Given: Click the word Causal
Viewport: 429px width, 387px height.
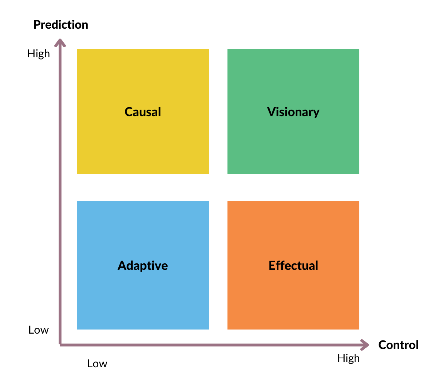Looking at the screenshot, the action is [143, 112].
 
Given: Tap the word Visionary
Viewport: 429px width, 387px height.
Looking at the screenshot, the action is [293, 112].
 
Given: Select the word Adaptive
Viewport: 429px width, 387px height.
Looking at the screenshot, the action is [143, 266].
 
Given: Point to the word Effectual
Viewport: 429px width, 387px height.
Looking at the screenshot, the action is [293, 266].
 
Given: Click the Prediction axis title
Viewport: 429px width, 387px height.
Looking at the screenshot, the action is [61, 24].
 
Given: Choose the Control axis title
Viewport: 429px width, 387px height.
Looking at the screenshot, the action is [398, 345].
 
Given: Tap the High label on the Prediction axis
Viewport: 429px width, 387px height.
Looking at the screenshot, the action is [39, 54].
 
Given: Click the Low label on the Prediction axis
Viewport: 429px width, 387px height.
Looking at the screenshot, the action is [39, 330].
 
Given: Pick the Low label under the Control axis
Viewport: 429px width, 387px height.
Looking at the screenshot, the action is [97, 364].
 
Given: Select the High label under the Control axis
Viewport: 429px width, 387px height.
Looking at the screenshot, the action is [349, 358].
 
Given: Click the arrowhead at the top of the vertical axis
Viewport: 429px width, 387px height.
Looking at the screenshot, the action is [60, 42].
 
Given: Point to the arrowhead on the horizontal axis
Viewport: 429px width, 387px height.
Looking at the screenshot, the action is [365, 345].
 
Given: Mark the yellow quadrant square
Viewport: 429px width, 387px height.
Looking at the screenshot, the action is [143, 111].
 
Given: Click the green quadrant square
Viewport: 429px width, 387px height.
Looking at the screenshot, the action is [293, 111].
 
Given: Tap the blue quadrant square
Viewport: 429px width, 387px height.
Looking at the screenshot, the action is [143, 265].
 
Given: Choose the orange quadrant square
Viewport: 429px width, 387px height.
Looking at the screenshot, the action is [293, 265].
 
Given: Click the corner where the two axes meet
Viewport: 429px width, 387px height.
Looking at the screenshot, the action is [60, 345].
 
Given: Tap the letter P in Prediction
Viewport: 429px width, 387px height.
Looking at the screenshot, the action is [37, 25].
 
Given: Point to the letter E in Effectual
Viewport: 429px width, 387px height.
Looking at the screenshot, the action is [272, 266].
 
